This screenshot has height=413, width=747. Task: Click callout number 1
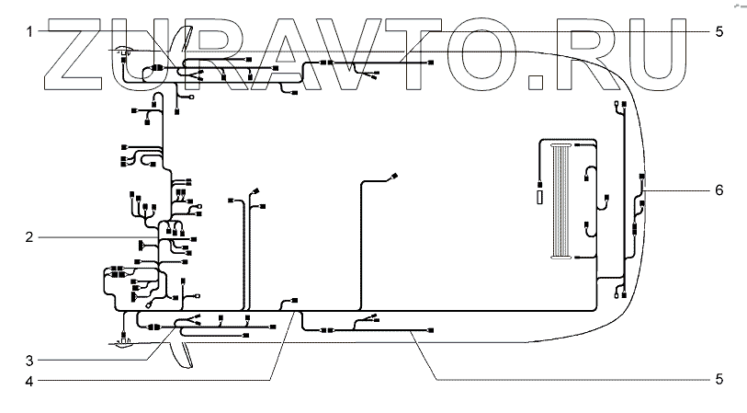[x=30, y=30]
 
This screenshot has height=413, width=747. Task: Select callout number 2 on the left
[x=30, y=236]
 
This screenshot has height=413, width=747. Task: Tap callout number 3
[x=30, y=359]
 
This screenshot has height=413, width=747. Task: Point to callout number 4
[x=30, y=379]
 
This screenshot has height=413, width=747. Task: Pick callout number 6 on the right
[x=719, y=190]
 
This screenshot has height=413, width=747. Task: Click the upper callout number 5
[x=719, y=30]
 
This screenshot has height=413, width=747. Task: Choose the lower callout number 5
[x=719, y=379]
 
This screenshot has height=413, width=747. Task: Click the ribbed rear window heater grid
[x=560, y=201]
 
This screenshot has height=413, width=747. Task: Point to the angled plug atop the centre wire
[x=395, y=175]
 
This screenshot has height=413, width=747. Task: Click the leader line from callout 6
[x=675, y=190]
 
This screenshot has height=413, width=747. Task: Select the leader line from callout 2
[x=92, y=236]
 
